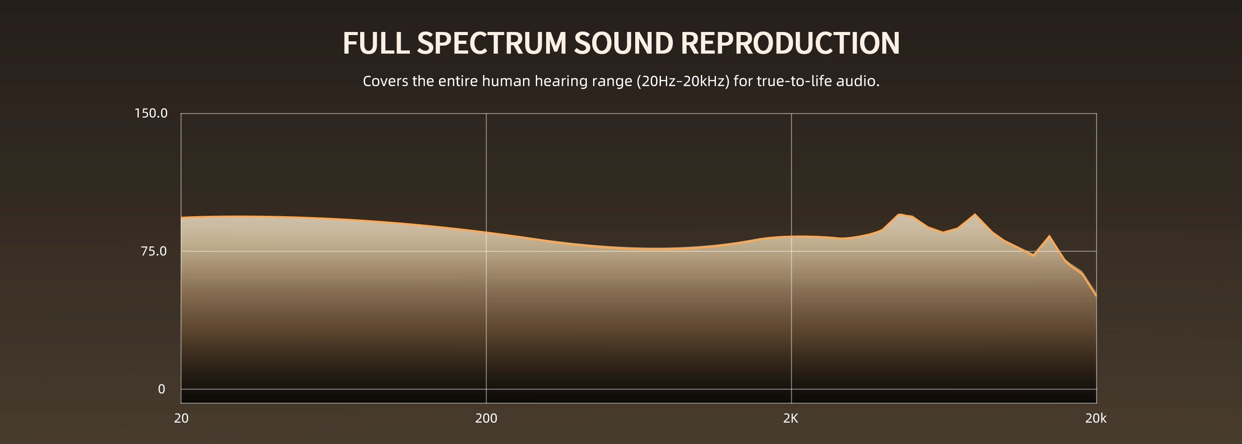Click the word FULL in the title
[376, 44]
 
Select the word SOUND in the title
[623, 44]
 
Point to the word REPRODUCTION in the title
[790, 44]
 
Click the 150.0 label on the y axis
[151, 113]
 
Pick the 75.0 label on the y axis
[154, 251]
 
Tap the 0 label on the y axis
[161, 389]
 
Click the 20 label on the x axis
[181, 418]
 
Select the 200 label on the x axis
[486, 418]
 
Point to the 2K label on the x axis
[791, 418]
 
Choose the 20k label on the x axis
[1096, 418]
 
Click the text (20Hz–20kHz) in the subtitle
[683, 81]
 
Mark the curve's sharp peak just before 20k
[1049, 236]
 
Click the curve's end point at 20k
[1097, 295]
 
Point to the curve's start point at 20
[181, 218]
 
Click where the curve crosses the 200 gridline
[486, 232]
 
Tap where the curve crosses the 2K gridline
[791, 237]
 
